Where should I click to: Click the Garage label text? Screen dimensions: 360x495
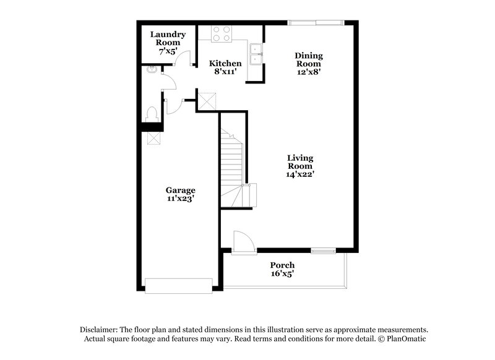pos(180,190)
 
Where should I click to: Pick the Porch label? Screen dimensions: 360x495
pos(282,265)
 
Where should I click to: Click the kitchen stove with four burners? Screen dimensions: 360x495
pos(222,33)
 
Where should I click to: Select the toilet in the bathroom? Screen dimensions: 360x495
pos(150,114)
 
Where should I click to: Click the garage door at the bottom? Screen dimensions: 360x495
pos(178,285)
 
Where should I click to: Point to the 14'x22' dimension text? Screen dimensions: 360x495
pos(300,174)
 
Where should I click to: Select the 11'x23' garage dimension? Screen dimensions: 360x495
pos(181,199)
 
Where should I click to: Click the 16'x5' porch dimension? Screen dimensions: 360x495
pos(282,274)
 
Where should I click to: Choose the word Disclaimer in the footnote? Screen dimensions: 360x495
pos(97,330)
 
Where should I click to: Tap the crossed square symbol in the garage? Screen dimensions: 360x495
pos(153,138)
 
